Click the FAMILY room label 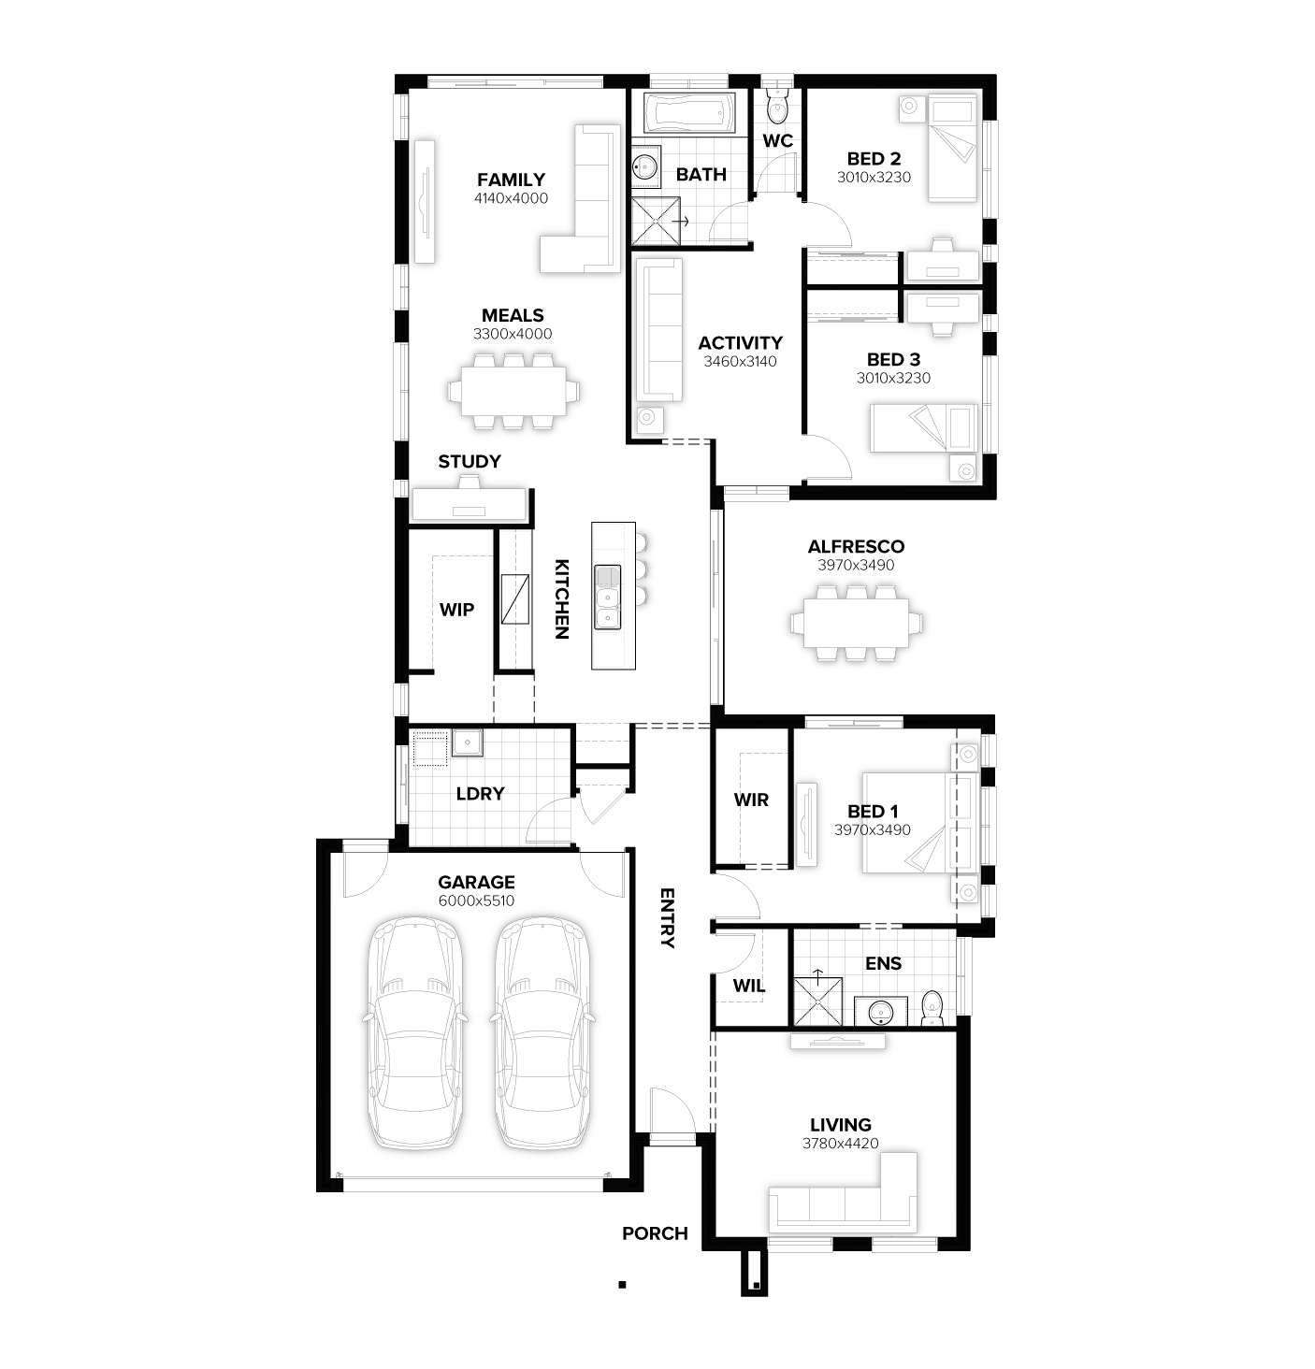pyautogui.click(x=511, y=180)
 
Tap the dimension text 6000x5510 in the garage pyautogui.click(x=476, y=901)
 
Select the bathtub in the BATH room pyautogui.click(x=689, y=112)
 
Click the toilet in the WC pyautogui.click(x=777, y=106)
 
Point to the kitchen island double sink pyautogui.click(x=607, y=598)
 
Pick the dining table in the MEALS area pyautogui.click(x=513, y=391)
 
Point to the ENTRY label pyautogui.click(x=668, y=918)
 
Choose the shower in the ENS pyautogui.click(x=818, y=1002)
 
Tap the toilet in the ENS pyautogui.click(x=932, y=1008)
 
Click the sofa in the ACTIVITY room pyautogui.click(x=659, y=330)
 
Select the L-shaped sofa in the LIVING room pyautogui.click(x=844, y=1193)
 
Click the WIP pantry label pyautogui.click(x=456, y=610)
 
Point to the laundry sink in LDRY pyautogui.click(x=468, y=742)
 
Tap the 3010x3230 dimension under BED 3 pyautogui.click(x=893, y=378)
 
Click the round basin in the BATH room pyautogui.click(x=645, y=166)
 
